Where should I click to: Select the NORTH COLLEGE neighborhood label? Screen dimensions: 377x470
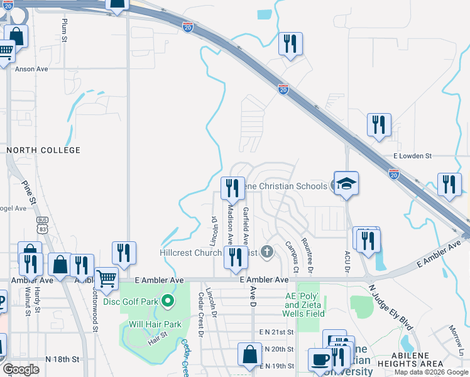pos(43,150)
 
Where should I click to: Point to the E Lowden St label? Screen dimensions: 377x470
pos(412,155)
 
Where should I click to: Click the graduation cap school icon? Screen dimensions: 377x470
pos(346,183)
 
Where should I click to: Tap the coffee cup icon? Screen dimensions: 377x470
pos(320,360)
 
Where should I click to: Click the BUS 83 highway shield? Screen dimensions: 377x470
pos(43,224)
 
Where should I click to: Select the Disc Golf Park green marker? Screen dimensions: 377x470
pos(167,301)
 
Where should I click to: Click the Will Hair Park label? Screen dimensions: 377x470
pos(155,325)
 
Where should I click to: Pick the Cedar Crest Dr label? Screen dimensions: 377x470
pos(201,315)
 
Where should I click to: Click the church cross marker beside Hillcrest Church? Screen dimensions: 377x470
pos(267,253)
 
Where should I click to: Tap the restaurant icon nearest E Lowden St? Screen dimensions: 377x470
pos(379,125)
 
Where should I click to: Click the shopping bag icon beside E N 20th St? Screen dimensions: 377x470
pos(249,354)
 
